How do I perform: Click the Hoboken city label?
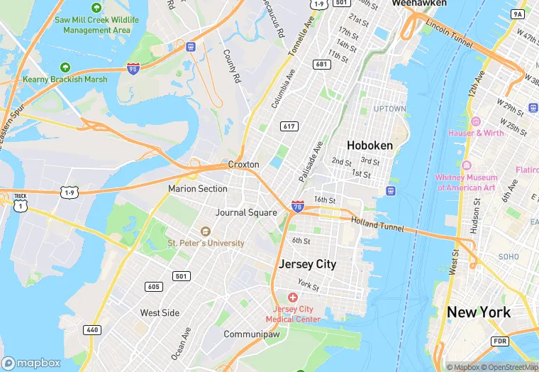369,145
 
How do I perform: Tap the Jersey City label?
307,264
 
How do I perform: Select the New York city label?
478,312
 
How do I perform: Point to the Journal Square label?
246,212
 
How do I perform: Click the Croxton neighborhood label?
243,164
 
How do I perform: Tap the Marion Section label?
198,189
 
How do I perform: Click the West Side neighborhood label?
160,312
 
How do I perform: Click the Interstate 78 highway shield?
298,206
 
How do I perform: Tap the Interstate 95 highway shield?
133,68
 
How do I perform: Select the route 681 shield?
322,65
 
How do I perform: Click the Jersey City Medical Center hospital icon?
292,297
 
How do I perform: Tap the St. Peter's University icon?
206,231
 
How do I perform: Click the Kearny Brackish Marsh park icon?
65,67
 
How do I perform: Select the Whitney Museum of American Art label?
466,182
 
